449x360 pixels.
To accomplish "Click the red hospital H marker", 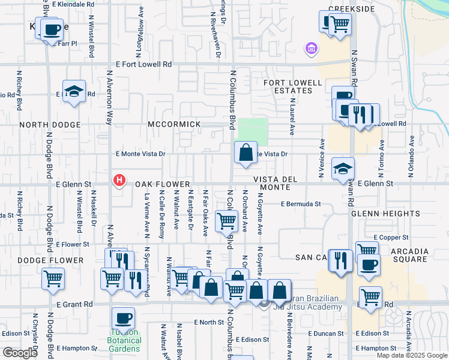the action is [119, 179].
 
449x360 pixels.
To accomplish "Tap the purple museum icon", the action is [312, 47].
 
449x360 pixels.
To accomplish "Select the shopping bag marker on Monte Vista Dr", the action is [246, 153].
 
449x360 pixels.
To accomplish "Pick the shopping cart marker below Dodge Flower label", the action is [53, 278].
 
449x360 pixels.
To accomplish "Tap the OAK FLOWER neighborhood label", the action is [162, 184].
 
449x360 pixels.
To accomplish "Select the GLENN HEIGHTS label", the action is [379, 214].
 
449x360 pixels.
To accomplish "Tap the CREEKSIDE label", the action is [351, 10].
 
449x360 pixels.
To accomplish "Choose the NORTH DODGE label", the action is [50, 125].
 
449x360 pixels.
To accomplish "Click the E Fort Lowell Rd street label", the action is [145, 64].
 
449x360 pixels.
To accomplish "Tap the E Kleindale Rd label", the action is [73, 4].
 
